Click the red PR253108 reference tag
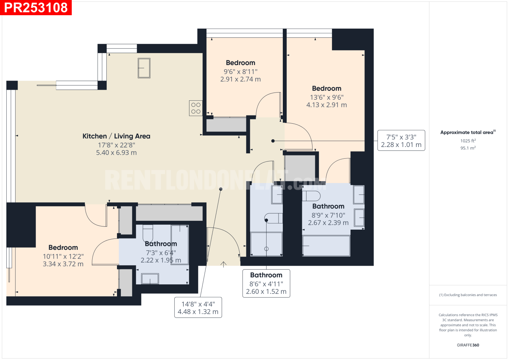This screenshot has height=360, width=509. click(x=36, y=7)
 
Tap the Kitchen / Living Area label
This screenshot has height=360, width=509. click(x=116, y=136)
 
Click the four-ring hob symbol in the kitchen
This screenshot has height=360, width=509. click(x=196, y=108)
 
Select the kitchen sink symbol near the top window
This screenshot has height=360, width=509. click(x=144, y=68)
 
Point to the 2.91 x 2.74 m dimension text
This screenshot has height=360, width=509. click(x=240, y=79)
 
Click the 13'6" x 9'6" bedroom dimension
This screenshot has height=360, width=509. click(x=327, y=98)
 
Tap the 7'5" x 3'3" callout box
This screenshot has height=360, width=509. click(x=401, y=141)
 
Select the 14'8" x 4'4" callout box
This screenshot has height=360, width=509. click(x=198, y=307)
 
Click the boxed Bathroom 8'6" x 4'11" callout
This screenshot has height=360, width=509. click(x=266, y=283)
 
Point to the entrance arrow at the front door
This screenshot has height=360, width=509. click(x=223, y=264)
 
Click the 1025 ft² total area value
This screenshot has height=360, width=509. click(x=468, y=141)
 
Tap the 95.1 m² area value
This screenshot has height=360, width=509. click(x=468, y=148)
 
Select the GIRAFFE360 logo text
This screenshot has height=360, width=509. click(x=468, y=345)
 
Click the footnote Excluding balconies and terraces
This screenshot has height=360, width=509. click(x=468, y=295)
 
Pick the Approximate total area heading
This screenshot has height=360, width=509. click(x=468, y=132)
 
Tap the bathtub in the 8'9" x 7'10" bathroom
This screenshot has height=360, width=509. click(x=326, y=246)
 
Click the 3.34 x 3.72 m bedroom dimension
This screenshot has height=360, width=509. click(x=63, y=264)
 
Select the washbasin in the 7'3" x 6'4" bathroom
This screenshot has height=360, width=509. click(x=150, y=279)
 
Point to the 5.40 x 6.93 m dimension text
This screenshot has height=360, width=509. click(x=116, y=153)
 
